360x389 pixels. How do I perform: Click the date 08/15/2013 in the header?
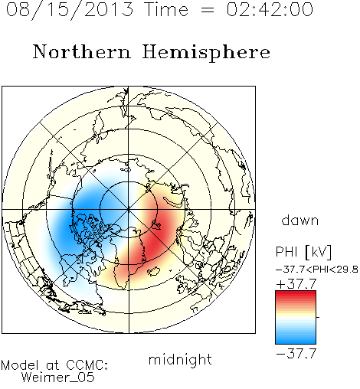[x=70, y=10]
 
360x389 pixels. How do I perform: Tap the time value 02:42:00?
[x=270, y=9]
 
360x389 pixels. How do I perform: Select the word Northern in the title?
[x=82, y=51]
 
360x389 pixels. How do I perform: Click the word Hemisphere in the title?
[x=206, y=53]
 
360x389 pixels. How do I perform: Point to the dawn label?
[x=299, y=220]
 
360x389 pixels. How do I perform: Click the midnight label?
[x=180, y=360]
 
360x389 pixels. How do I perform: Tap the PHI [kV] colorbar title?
[x=303, y=251]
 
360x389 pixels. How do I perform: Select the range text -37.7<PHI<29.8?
[x=316, y=270]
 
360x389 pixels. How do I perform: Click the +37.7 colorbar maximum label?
[x=296, y=284]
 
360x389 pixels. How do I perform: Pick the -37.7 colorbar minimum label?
[x=296, y=354]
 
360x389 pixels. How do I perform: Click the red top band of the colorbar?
[x=296, y=294]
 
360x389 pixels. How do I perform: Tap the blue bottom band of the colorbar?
[x=296, y=340]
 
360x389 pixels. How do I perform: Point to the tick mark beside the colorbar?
[x=318, y=317]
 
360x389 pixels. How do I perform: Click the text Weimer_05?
[x=57, y=378]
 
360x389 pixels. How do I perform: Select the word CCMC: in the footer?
[x=87, y=365]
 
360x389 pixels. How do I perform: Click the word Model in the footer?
[x=20, y=365]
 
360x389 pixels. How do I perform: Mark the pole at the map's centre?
[x=129, y=210]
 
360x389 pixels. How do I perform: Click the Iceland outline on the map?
[x=154, y=271]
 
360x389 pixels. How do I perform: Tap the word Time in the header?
[x=166, y=9]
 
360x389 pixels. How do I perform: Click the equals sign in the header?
[x=208, y=11]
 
